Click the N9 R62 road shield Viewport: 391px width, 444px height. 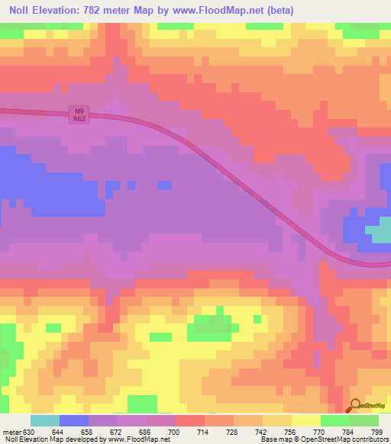[78, 114]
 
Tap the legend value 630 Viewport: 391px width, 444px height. [30, 431]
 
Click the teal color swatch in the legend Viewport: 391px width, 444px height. [45, 420]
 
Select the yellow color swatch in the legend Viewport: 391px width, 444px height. [305, 420]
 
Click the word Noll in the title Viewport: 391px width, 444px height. [21, 11]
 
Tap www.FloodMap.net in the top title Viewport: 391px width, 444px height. [212, 11]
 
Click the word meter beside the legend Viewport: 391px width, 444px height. [11, 431]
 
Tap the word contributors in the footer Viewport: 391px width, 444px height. [370, 439]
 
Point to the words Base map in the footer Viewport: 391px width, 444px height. [272, 439]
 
